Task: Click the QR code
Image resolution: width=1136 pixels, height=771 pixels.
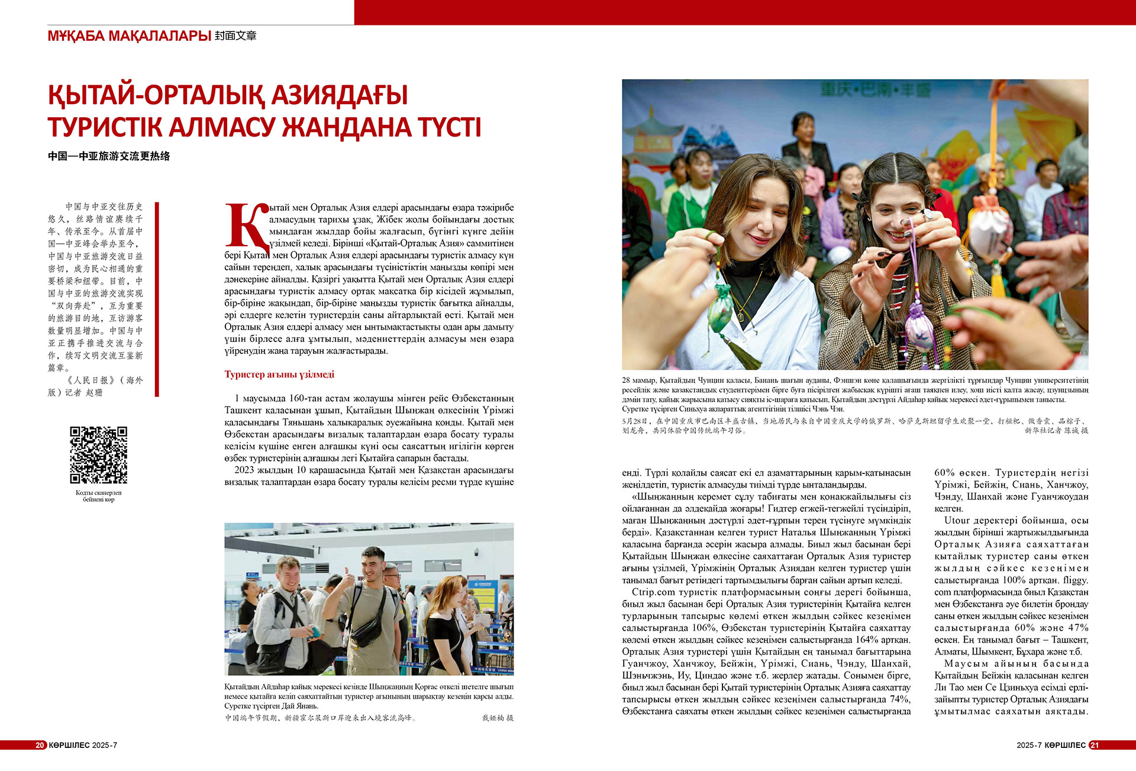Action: (x=98, y=455)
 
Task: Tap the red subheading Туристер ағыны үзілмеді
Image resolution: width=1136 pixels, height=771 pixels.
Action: (x=279, y=375)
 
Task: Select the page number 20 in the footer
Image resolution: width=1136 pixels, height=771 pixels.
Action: (x=40, y=745)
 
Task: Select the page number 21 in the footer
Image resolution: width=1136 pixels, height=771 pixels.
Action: (x=1094, y=745)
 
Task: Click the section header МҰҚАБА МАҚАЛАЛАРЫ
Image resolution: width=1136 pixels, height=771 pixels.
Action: (x=129, y=36)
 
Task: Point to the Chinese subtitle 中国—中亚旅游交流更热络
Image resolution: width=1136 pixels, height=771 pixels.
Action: (x=109, y=156)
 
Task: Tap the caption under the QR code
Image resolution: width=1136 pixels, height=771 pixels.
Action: (x=98, y=496)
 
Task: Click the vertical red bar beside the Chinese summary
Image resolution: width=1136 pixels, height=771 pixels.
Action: (x=157, y=299)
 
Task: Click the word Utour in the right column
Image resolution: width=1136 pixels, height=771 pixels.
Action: (x=957, y=521)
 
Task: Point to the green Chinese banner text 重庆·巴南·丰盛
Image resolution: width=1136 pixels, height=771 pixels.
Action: (x=876, y=91)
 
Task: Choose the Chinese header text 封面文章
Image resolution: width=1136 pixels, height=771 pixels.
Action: (x=235, y=36)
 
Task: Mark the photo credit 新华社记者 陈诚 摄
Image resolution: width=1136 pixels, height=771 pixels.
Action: (x=1056, y=430)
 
